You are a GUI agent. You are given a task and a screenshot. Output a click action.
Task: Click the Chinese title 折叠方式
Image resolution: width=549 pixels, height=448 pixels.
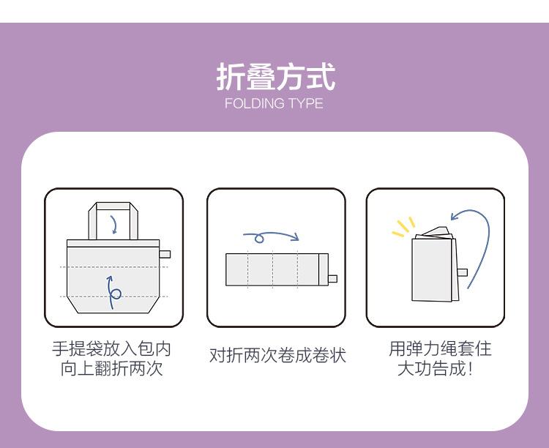click(274, 76)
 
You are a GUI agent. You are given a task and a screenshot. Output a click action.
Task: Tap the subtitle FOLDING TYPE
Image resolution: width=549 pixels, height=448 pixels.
click(274, 103)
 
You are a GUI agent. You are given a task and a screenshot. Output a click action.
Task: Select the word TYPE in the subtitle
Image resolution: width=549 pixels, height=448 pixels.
click(305, 103)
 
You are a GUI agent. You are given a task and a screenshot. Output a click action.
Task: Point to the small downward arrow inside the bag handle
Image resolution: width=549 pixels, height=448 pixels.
click(113, 223)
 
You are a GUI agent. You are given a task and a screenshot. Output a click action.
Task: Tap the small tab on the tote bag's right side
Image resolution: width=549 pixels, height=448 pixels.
click(165, 254)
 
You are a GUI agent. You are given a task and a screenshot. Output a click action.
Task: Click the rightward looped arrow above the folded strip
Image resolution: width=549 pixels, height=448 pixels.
click(271, 237)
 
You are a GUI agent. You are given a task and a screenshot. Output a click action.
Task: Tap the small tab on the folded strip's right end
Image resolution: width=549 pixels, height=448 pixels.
click(332, 278)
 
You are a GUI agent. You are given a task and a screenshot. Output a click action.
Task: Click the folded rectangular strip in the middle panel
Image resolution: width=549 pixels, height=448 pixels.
click(277, 269)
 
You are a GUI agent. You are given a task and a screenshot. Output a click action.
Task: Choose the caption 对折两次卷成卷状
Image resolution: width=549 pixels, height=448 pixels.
click(277, 356)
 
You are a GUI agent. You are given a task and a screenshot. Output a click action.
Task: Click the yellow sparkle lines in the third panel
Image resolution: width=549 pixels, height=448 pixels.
click(403, 228)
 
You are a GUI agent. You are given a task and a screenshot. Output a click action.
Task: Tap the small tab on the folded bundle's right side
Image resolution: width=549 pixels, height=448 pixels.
click(463, 272)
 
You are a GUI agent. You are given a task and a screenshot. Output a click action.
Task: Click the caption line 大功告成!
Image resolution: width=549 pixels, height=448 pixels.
click(435, 368)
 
